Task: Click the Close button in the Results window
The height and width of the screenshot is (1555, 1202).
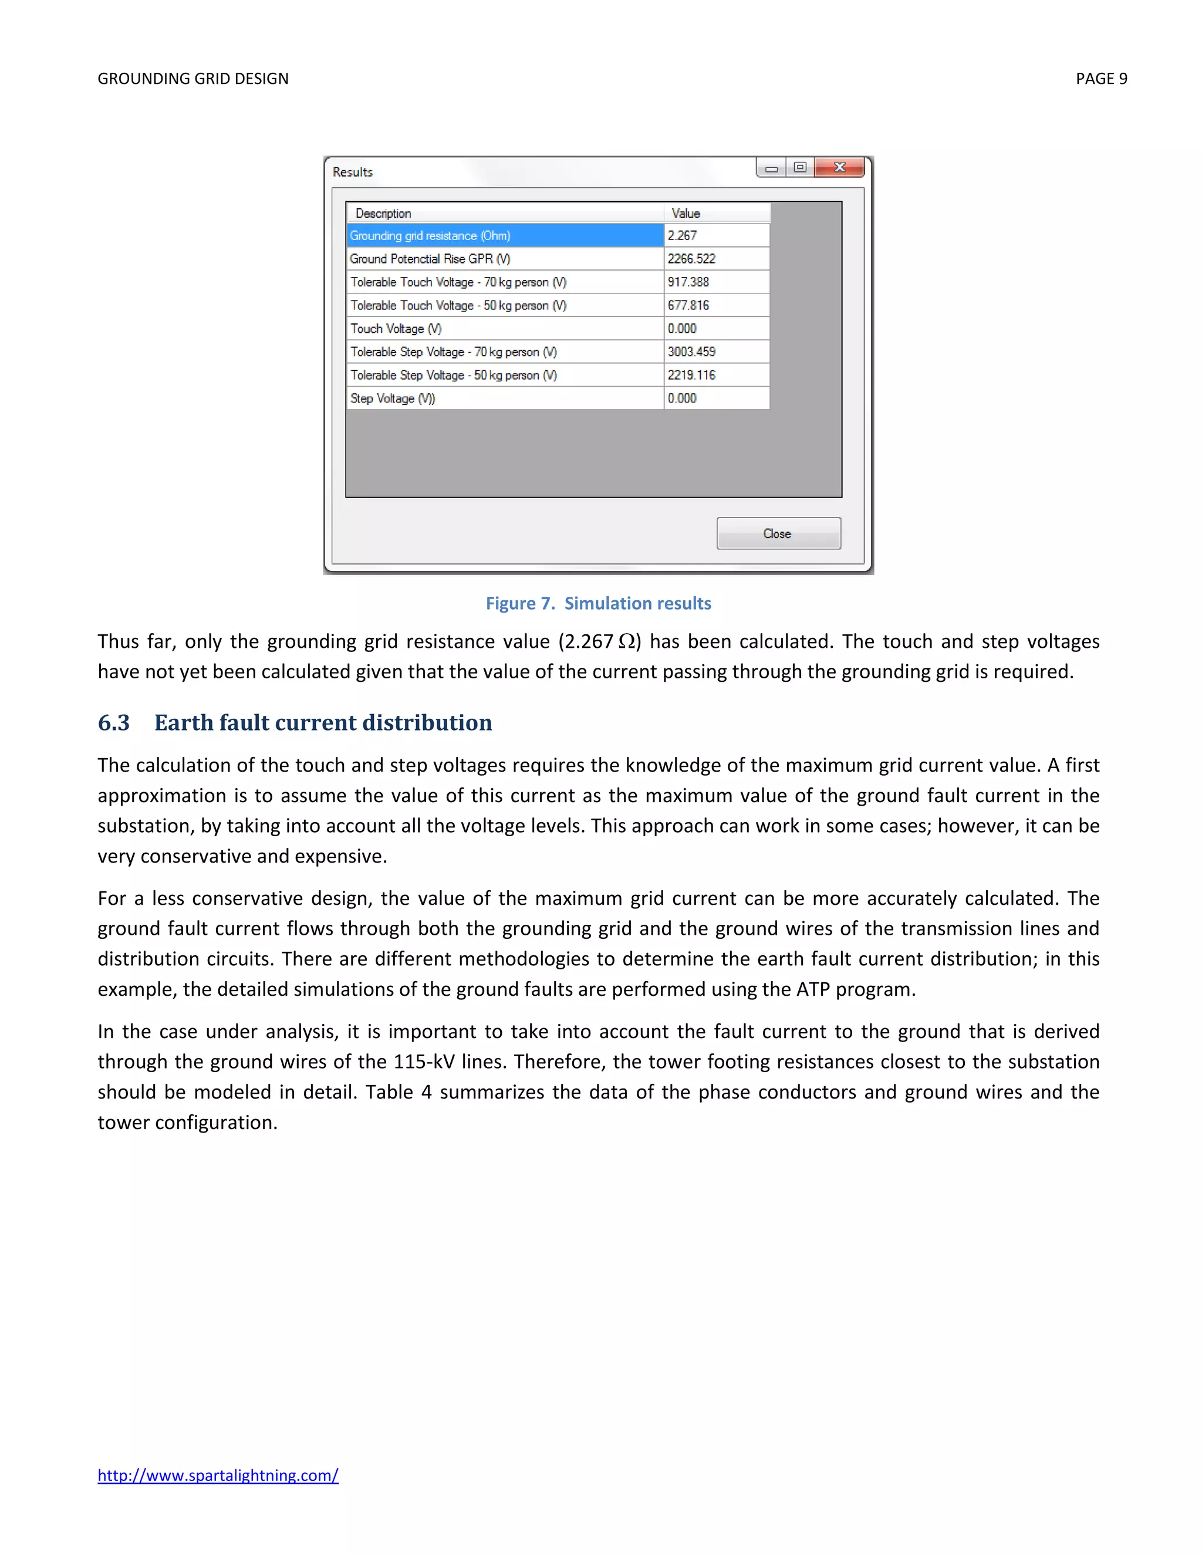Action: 778,533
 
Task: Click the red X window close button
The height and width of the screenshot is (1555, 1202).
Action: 839,167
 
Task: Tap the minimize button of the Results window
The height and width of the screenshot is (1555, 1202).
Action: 771,168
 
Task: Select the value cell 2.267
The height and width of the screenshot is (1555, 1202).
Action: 717,236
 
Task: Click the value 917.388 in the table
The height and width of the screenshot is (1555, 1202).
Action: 717,282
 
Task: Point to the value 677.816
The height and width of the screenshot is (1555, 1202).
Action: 717,306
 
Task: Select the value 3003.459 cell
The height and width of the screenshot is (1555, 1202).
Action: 717,351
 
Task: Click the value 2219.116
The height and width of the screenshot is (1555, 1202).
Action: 717,375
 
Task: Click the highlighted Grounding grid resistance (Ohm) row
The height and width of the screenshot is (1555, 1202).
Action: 505,236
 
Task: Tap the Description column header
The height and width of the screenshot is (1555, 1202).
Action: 505,214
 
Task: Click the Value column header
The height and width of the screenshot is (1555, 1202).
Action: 717,214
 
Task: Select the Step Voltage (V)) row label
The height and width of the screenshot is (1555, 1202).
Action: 393,398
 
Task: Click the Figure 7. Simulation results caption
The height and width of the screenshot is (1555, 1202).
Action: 598,603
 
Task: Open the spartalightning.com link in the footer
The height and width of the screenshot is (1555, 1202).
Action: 218,1475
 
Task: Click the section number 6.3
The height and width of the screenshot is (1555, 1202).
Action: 114,723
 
